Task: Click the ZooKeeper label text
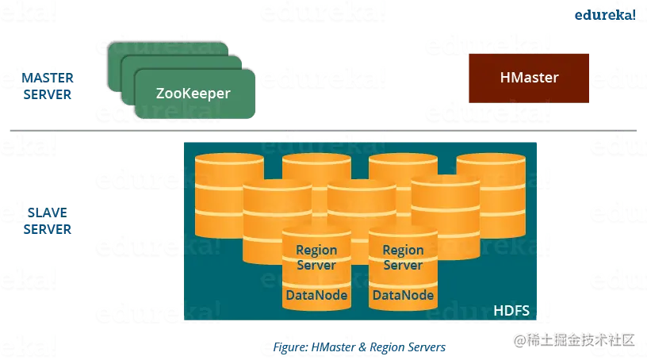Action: tap(193, 94)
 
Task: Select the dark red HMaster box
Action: tap(529, 78)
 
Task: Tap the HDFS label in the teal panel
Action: tap(511, 308)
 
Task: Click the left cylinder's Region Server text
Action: tap(316, 257)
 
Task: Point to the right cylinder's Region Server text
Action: tap(403, 257)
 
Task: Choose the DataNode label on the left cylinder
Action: tap(316, 296)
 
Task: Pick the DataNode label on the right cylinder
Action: tap(403, 296)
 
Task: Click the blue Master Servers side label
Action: tap(47, 86)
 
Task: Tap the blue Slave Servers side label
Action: tap(47, 220)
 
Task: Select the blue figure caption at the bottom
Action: tap(360, 347)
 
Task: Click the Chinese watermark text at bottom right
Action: tap(574, 339)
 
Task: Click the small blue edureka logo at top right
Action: tap(604, 15)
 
